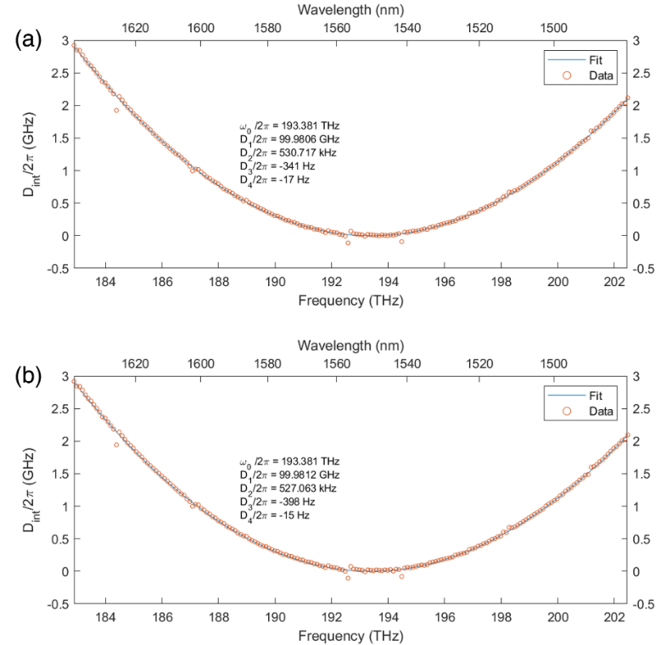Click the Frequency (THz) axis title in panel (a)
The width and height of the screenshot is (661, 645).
(351, 300)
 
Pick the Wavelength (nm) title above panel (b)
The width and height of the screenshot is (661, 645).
(351, 345)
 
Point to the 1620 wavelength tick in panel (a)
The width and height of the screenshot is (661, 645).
(136, 27)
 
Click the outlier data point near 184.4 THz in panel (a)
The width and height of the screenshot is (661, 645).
(116, 110)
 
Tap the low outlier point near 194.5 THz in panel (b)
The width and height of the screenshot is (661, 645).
(401, 577)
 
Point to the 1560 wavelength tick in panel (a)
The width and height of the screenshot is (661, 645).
(338, 27)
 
